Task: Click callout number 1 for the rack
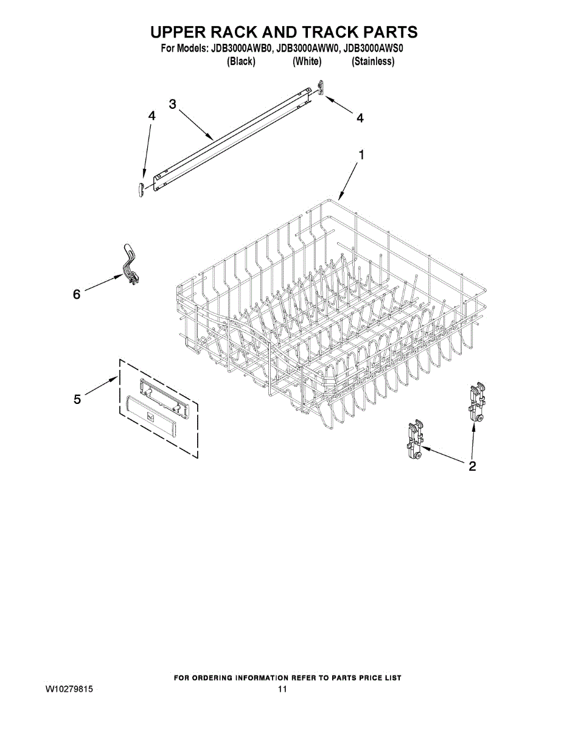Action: point(361,155)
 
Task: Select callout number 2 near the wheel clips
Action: point(472,466)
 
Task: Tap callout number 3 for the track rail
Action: point(172,104)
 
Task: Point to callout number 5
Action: point(77,400)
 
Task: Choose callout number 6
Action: point(77,294)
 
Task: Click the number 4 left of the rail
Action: point(152,116)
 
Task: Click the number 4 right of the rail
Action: point(360,118)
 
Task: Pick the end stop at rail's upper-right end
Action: point(321,88)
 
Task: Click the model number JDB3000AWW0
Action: point(307,49)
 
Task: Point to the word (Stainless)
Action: point(373,62)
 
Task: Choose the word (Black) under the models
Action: point(241,62)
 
